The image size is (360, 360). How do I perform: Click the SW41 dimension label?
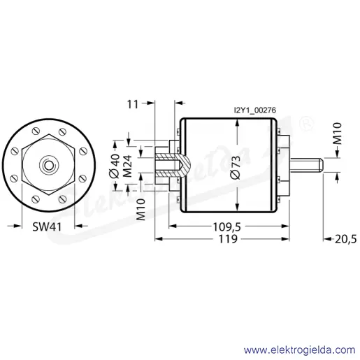[x=47, y=226]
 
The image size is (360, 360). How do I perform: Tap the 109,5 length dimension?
[x=227, y=226]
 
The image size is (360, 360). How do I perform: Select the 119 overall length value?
[x=228, y=239]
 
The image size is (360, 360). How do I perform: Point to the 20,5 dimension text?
[x=345, y=239]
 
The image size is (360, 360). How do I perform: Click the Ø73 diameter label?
[x=235, y=168]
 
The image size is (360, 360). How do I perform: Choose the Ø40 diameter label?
[x=115, y=166]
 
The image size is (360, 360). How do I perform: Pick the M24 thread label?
[x=127, y=166]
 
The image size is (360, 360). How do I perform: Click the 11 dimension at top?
[x=133, y=104]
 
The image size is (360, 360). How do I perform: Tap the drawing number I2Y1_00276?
[x=255, y=110]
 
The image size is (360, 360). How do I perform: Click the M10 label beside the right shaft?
[x=337, y=134]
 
